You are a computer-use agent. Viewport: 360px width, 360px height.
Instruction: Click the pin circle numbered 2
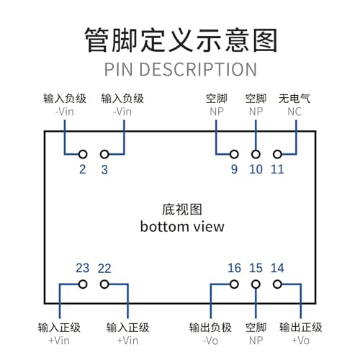click(83, 154)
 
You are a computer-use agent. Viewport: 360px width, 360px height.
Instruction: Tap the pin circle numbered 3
click(104, 154)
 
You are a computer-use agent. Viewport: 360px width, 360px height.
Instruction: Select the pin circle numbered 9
click(234, 154)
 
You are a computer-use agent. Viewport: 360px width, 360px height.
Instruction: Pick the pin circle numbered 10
click(256, 154)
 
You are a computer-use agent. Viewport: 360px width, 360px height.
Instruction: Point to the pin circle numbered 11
click(277, 154)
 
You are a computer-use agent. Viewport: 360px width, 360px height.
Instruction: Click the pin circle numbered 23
click(83, 284)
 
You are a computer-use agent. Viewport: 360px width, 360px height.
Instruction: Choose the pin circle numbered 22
click(104, 284)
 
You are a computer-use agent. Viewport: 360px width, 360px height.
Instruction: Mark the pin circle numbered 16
click(234, 284)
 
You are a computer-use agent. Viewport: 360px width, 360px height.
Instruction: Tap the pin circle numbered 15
click(256, 284)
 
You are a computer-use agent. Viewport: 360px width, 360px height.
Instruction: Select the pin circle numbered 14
click(277, 284)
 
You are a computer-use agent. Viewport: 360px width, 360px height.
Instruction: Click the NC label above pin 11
click(294, 112)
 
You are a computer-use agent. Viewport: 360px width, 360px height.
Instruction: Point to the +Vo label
click(300, 341)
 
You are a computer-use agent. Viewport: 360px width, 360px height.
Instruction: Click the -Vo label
click(210, 341)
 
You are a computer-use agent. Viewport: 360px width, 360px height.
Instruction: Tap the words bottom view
click(182, 227)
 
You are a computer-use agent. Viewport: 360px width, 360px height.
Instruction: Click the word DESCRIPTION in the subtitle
click(198, 69)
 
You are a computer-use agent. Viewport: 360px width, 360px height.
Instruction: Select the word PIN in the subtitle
click(119, 69)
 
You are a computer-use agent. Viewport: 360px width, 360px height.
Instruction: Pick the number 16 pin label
click(234, 268)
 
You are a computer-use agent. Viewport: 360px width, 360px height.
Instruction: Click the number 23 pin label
click(83, 268)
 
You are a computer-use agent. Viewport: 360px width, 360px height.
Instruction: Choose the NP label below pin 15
click(256, 341)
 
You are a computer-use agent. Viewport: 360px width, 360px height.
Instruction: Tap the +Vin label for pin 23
click(59, 341)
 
